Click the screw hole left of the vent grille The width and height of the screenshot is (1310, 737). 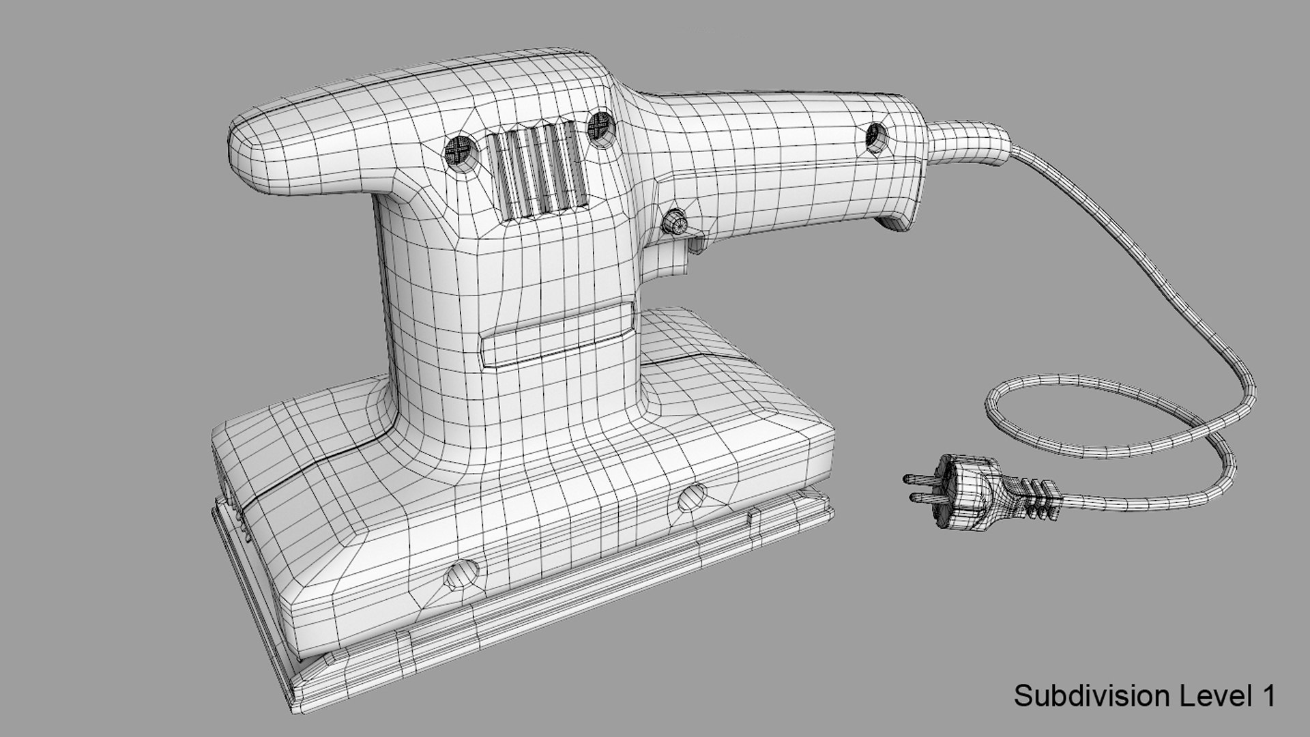[x=461, y=151]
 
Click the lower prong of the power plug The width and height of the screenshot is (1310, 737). [x=925, y=497]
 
